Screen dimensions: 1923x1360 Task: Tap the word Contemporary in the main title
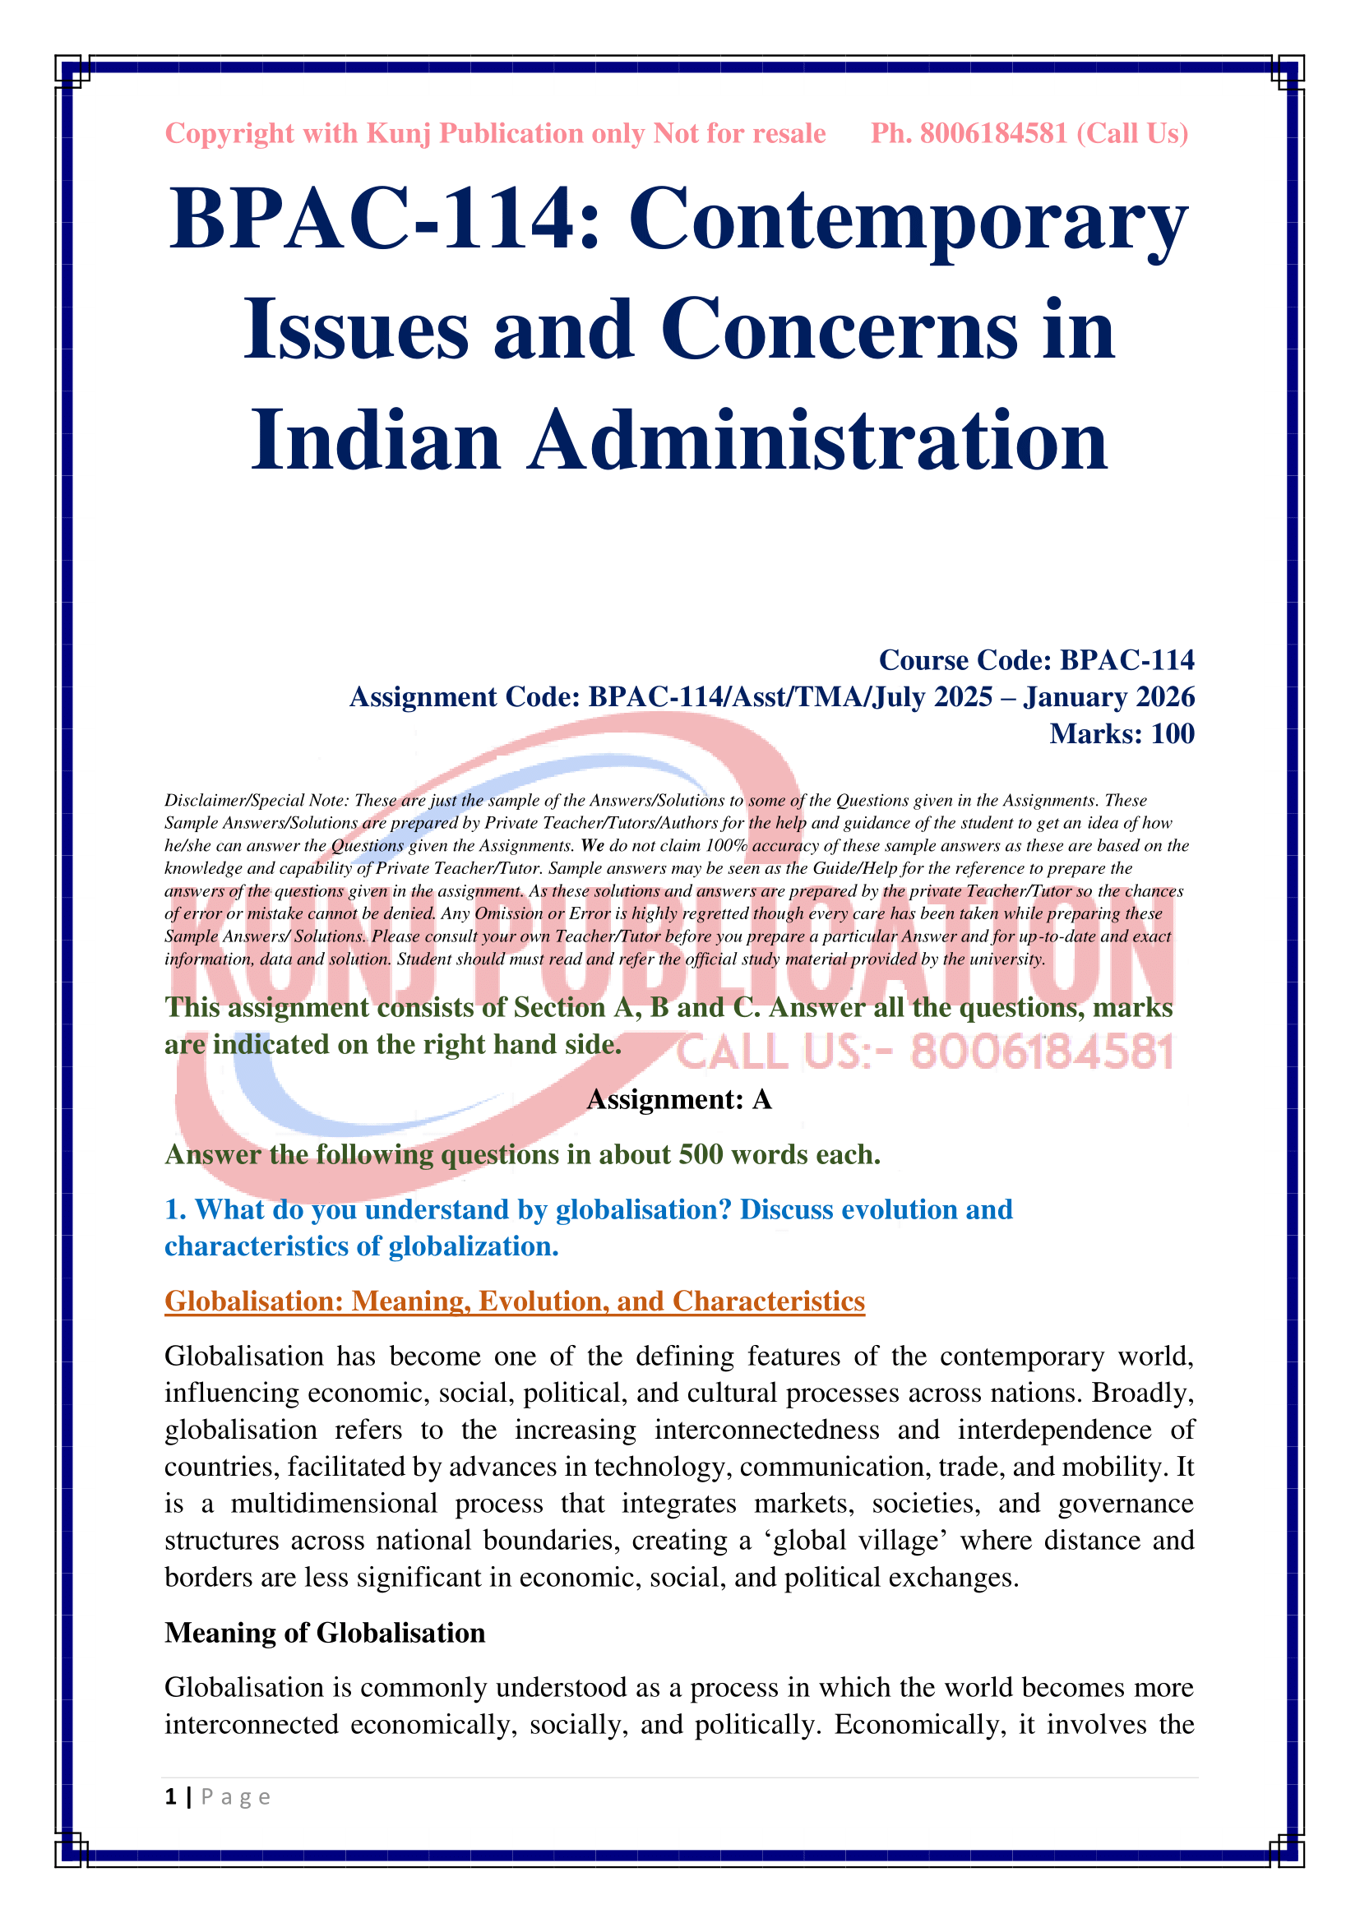[908, 220]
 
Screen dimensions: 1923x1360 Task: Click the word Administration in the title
[817, 441]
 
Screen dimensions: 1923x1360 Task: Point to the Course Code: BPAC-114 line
[1036, 660]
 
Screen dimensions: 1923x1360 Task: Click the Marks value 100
[1173, 733]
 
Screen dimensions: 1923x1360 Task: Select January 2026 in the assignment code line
[1108, 697]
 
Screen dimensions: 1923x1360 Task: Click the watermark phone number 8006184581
[1042, 1053]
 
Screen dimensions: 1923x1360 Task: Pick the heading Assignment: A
[679, 1099]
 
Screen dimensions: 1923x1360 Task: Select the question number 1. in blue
[175, 1209]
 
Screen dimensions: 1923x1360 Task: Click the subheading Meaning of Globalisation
[325, 1633]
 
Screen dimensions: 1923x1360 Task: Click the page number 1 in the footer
[171, 1796]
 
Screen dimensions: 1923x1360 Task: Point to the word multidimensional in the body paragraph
[334, 1504]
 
